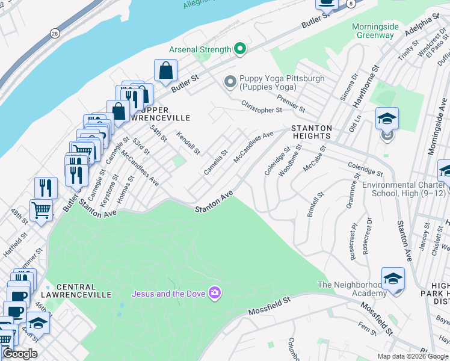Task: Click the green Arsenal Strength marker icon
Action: click(239, 49)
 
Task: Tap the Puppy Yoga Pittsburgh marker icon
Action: click(230, 81)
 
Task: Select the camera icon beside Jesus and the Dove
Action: click(215, 294)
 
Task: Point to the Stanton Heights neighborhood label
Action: click(312, 132)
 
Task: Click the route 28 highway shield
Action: click(55, 33)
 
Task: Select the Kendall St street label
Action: click(188, 143)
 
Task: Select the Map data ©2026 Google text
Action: click(412, 356)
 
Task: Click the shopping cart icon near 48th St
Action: click(41, 211)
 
